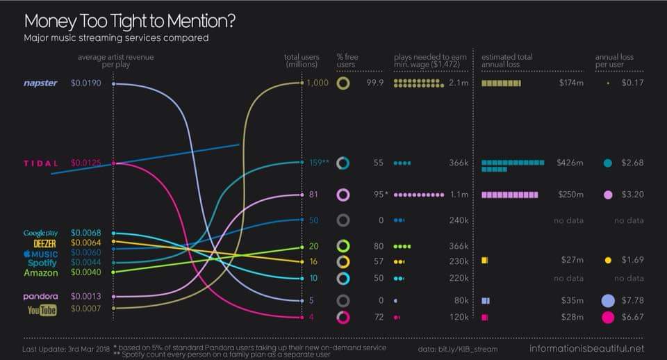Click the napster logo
(40, 83)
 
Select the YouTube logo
(42, 309)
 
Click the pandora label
(41, 296)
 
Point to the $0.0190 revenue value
(86, 83)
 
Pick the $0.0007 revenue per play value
(86, 309)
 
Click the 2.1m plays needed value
(456, 83)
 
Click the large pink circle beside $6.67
(608, 318)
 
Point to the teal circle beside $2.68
(608, 163)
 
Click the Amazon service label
(41, 273)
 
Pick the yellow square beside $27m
(485, 260)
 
